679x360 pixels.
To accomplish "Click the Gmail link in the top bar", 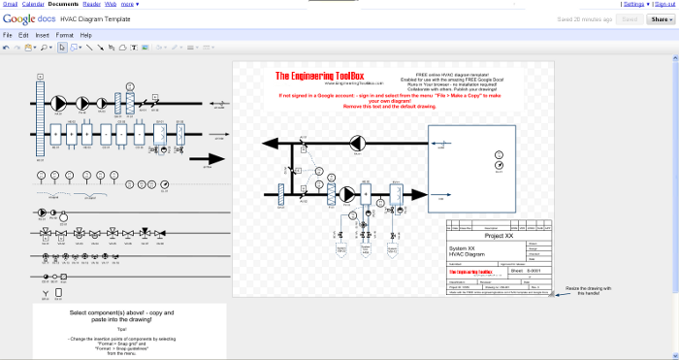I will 11,4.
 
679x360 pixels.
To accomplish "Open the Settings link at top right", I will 633,4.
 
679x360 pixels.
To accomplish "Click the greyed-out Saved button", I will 630,18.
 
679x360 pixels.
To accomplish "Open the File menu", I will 8,35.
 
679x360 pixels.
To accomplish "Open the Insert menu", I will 43,35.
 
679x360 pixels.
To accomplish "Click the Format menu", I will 64,35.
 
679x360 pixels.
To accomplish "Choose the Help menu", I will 86,35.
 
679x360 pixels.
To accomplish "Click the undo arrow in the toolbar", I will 6,47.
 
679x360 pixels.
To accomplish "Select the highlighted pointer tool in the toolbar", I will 62,47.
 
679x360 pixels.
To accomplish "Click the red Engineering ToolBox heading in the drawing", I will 321,76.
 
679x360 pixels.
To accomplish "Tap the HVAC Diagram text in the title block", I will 468,253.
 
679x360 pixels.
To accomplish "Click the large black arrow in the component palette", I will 207,159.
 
